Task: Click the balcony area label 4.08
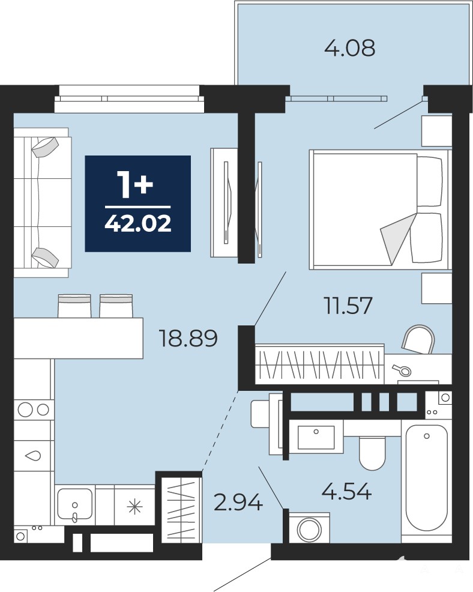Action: click(350, 48)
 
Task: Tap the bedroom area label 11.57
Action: click(348, 305)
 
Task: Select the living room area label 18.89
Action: click(188, 338)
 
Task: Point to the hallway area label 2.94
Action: click(238, 503)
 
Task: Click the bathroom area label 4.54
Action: click(346, 491)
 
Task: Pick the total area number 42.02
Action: click(138, 223)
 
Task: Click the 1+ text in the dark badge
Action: click(135, 184)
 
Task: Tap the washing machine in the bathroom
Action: click(309, 528)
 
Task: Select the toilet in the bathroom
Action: click(372, 453)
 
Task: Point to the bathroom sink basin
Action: click(316, 437)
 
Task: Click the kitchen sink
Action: click(75, 505)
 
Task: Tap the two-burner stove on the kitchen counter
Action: click(34, 409)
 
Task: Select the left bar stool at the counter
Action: click(74, 306)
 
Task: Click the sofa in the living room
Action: click(42, 203)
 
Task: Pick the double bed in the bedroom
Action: click(381, 210)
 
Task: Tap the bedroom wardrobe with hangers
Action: click(320, 364)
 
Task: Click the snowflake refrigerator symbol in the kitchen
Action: click(135, 506)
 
